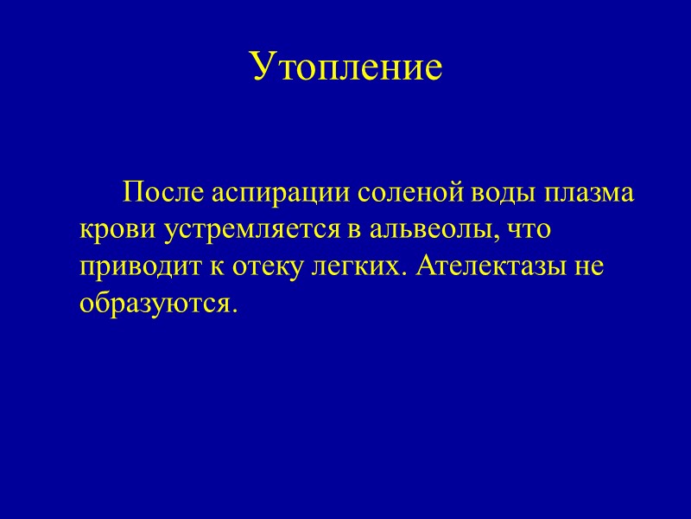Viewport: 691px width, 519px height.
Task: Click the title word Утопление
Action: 346,67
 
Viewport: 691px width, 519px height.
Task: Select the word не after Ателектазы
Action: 582,267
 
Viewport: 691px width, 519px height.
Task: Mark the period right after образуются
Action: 232,311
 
